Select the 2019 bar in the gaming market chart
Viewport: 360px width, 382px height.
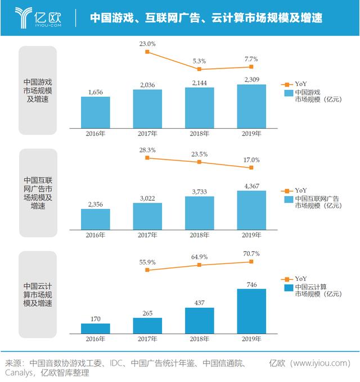251,106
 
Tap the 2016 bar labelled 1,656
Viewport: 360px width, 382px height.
96,112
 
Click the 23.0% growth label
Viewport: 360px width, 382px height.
147,43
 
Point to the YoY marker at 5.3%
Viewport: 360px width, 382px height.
199,69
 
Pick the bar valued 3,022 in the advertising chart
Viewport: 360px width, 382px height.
147,216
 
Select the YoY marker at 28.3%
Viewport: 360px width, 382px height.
147,158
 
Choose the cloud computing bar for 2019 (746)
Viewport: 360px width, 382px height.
251,311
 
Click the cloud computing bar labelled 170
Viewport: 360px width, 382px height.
96,328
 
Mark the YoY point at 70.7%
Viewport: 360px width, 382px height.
251,261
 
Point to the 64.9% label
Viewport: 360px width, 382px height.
199,257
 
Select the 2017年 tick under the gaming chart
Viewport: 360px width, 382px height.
147,134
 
